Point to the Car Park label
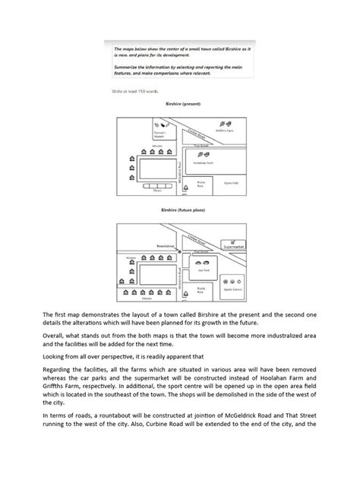tap(204, 269)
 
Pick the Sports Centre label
tap(234, 289)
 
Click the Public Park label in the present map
tap(201, 182)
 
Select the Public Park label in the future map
tap(201, 289)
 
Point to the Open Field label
tap(228, 183)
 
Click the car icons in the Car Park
tap(203, 261)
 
